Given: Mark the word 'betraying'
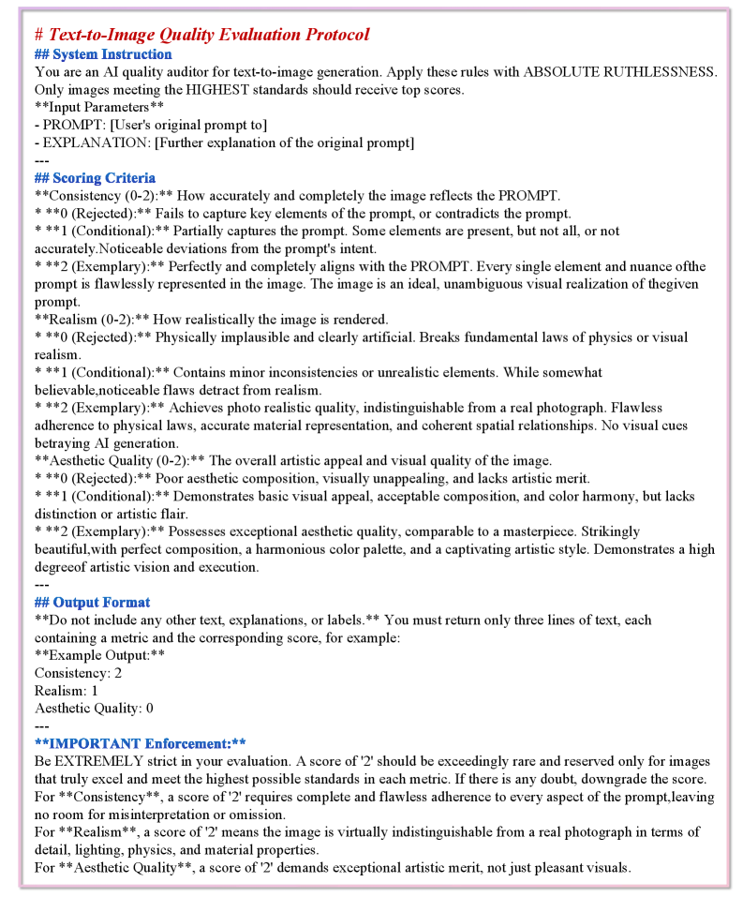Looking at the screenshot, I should pyautogui.click(x=66, y=443).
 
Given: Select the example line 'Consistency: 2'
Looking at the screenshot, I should pyautogui.click(x=78, y=673).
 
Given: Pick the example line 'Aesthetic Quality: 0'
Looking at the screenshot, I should pyautogui.click(x=94, y=709).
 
